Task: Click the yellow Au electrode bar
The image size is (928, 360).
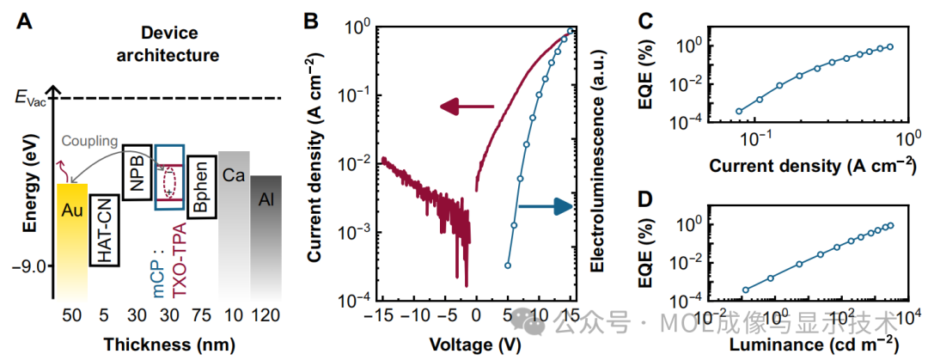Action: click(72, 237)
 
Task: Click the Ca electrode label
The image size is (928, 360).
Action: click(234, 175)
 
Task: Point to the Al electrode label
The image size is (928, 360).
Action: click(266, 201)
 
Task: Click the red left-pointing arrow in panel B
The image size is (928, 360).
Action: click(467, 107)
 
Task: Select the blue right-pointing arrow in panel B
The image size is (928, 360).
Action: click(545, 207)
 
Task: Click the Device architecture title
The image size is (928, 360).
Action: click(168, 46)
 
